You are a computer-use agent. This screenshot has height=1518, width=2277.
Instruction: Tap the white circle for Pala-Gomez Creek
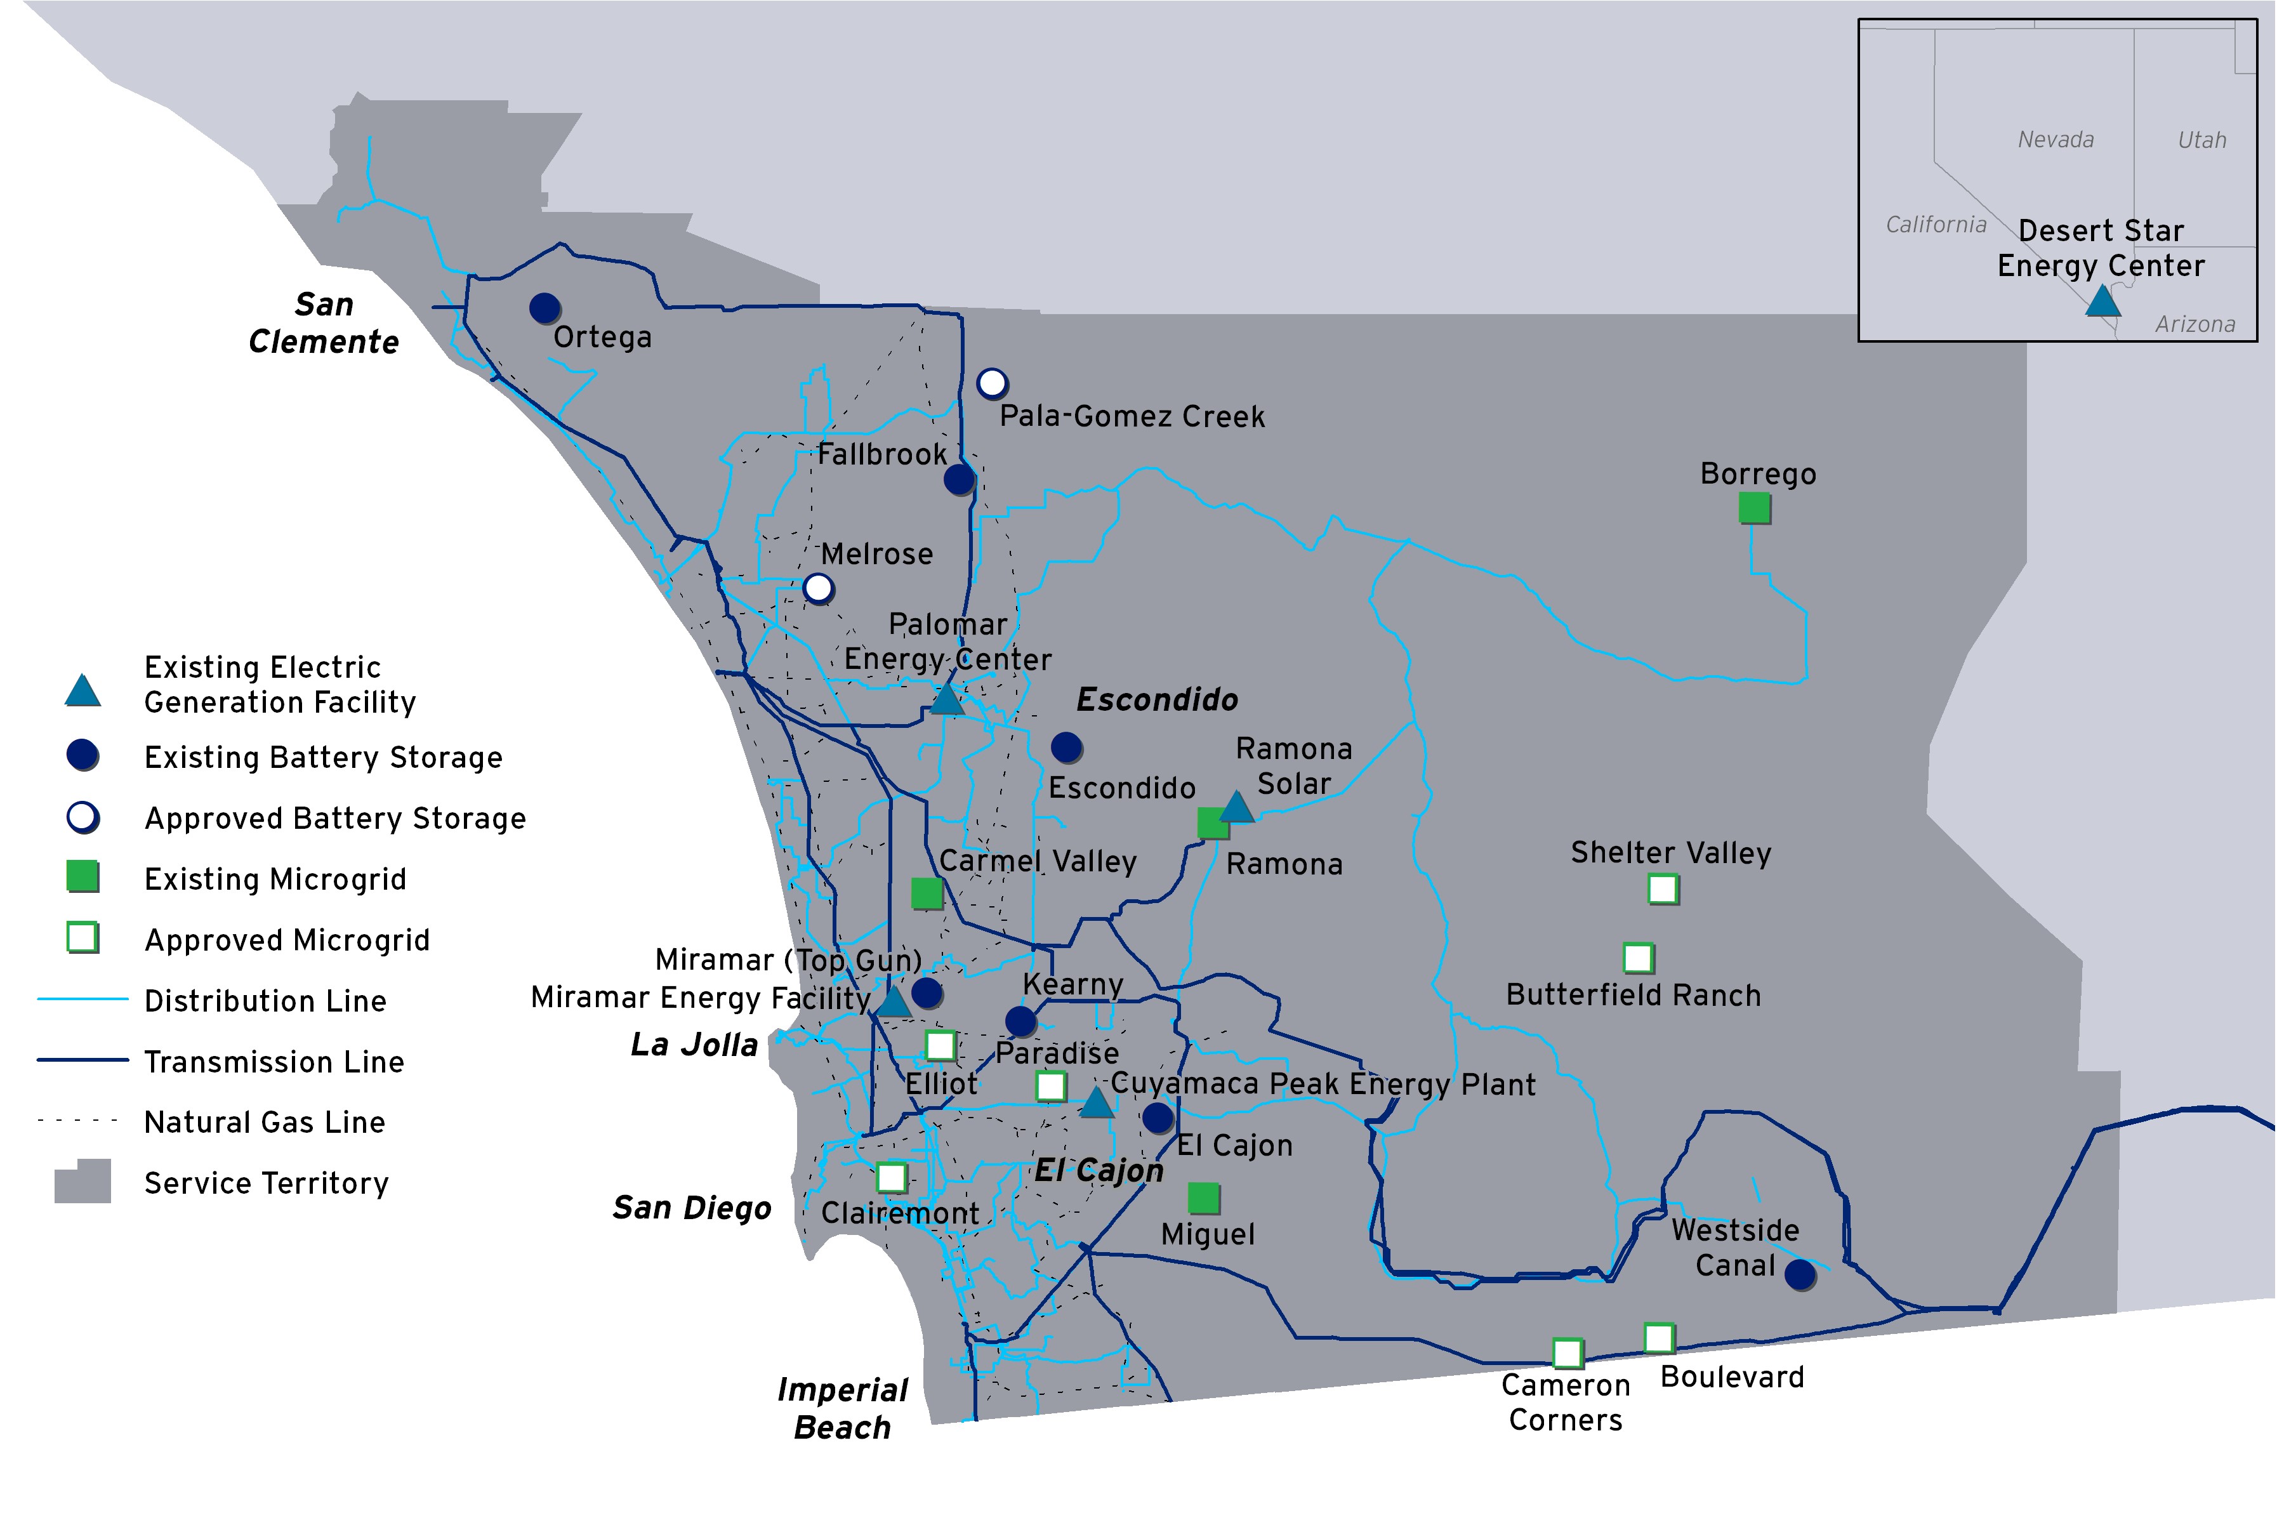pyautogui.click(x=991, y=383)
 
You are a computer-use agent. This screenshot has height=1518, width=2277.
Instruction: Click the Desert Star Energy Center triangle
pyautogui.click(x=2102, y=302)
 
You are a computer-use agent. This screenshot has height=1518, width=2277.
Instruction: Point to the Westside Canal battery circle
pyautogui.click(x=1800, y=1274)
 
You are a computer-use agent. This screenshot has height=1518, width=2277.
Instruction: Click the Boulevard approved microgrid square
pyautogui.click(x=1658, y=1338)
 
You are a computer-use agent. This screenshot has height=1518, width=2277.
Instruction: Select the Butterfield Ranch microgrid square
pyautogui.click(x=1637, y=958)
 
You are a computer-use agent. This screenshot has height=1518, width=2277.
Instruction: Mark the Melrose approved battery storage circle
pyautogui.click(x=818, y=588)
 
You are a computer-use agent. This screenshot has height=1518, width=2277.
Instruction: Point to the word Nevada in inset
pyautogui.click(x=2056, y=140)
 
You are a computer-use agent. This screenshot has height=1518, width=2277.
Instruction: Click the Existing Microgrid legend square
pyautogui.click(x=82, y=876)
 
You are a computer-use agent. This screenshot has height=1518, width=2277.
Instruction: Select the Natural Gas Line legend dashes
pyautogui.click(x=77, y=1121)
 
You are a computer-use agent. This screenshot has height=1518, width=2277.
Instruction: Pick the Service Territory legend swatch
pyautogui.click(x=82, y=1182)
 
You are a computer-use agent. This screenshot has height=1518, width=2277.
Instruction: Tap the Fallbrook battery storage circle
pyautogui.click(x=958, y=478)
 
